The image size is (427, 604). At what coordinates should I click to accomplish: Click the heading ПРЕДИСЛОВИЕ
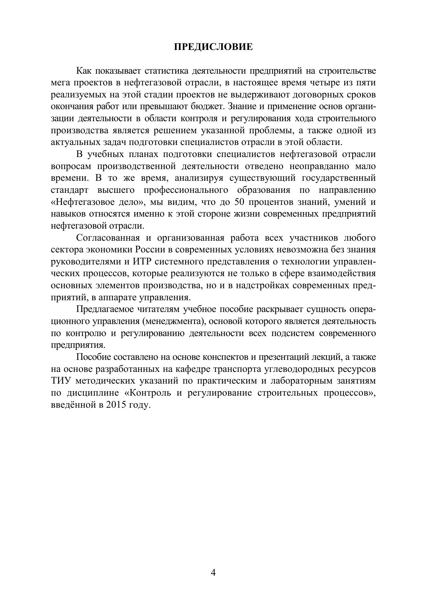pos(213,47)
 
